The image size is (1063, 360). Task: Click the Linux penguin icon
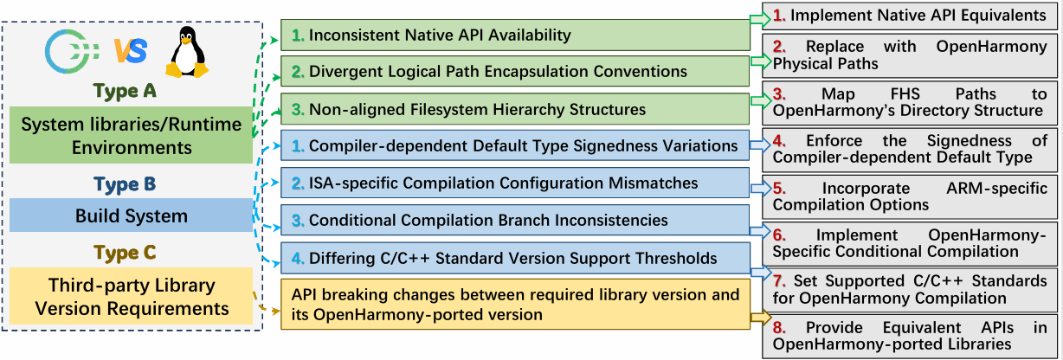[x=187, y=52]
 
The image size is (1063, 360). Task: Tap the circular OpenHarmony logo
[x=72, y=51]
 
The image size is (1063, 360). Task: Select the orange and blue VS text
[x=131, y=51]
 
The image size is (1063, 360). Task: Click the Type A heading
[x=125, y=91]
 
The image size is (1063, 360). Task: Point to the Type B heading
[x=125, y=184]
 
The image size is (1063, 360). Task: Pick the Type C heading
[x=125, y=253]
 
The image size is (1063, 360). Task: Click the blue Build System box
[x=131, y=215]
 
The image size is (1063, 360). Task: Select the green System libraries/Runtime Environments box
[x=131, y=135]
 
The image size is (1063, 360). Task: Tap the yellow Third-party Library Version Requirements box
[x=131, y=297]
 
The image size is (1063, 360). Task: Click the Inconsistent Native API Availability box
[x=515, y=35]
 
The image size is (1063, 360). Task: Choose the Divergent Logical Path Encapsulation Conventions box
[x=515, y=71]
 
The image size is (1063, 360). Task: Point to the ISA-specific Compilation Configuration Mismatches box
[x=515, y=183]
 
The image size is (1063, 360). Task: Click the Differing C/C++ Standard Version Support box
[x=515, y=258]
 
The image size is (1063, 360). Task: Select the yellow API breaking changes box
[x=515, y=304]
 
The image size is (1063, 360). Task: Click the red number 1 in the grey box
[x=779, y=16]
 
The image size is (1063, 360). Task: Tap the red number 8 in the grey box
[x=779, y=327]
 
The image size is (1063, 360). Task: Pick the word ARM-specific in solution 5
[x=996, y=188]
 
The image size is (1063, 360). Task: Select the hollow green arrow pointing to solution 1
[x=760, y=19]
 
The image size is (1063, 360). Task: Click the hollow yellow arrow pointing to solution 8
[x=761, y=317]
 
